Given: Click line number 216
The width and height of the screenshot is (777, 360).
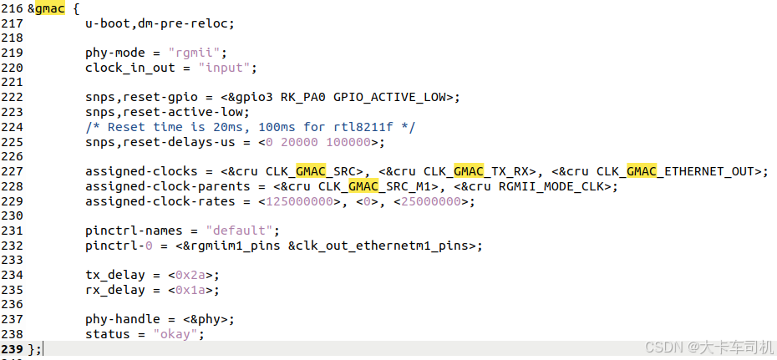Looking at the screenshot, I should [x=13, y=9].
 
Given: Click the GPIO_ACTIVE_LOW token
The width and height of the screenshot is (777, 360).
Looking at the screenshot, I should [x=393, y=97].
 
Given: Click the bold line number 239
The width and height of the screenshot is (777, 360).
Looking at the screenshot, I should [x=13, y=348].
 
